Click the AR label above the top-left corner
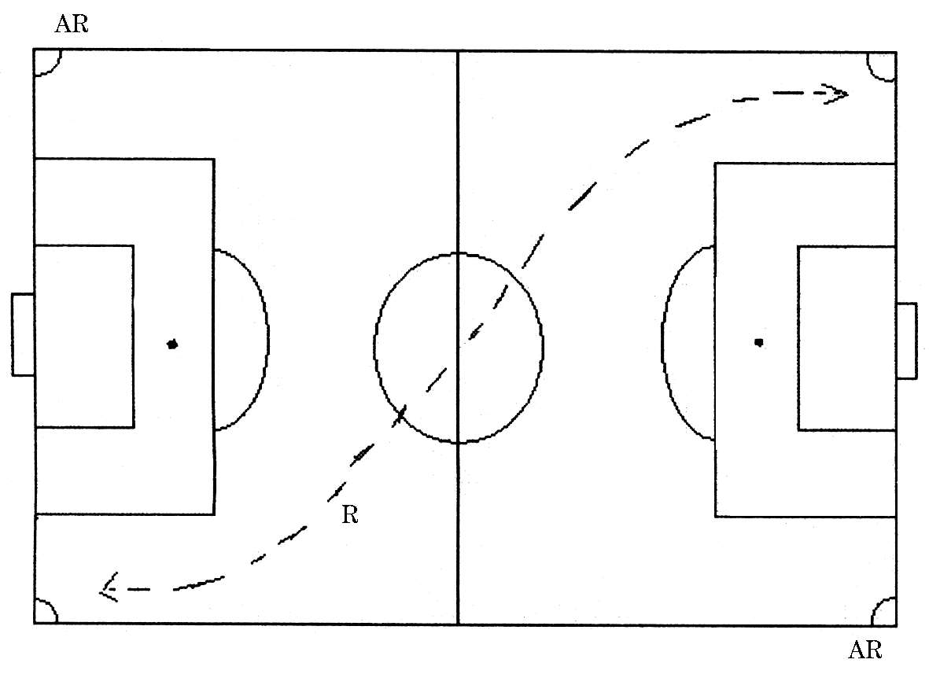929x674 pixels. (72, 24)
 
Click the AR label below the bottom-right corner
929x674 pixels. (865, 650)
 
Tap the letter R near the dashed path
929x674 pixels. (350, 516)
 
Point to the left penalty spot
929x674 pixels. (173, 344)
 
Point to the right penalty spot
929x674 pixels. (758, 342)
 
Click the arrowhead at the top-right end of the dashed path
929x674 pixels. (837, 94)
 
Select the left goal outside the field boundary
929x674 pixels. (23, 334)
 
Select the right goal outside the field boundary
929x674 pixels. (906, 340)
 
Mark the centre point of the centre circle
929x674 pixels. (458, 347)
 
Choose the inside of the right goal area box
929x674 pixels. (846, 338)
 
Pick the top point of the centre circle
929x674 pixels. (458, 253)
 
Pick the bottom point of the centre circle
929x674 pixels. (458, 442)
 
